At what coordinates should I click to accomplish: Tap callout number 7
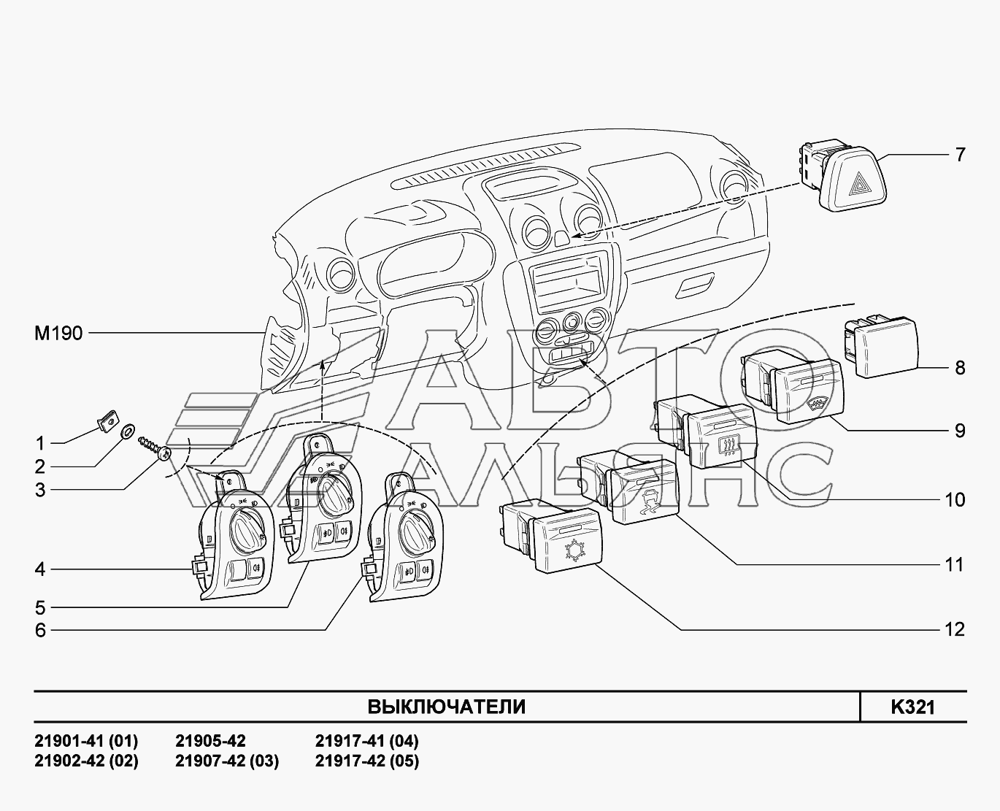pyautogui.click(x=960, y=155)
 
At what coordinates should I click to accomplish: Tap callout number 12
pyautogui.click(x=955, y=629)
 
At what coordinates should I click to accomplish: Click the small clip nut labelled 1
pyautogui.click(x=108, y=422)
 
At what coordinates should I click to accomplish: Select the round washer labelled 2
pyautogui.click(x=127, y=431)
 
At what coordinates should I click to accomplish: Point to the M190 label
pyautogui.click(x=58, y=333)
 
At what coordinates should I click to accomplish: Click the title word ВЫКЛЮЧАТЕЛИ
pyautogui.click(x=446, y=707)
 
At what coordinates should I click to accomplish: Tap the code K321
pyautogui.click(x=912, y=707)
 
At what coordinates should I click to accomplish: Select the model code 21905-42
pyautogui.click(x=210, y=741)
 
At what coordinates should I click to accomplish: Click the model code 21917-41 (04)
pyautogui.click(x=366, y=741)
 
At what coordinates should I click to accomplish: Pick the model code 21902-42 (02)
pyautogui.click(x=86, y=761)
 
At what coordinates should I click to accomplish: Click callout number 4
pyautogui.click(x=40, y=569)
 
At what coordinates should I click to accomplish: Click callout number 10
pyautogui.click(x=955, y=499)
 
